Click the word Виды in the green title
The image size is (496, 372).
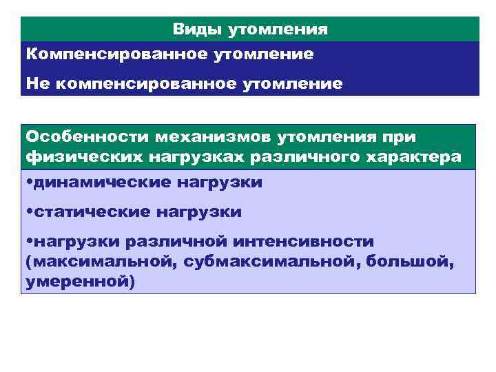pos(194,30)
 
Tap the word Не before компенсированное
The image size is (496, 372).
pos(37,83)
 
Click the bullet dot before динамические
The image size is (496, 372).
pos(29,183)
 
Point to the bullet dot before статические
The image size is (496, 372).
pos(29,211)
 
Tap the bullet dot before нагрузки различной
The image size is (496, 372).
pos(29,241)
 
